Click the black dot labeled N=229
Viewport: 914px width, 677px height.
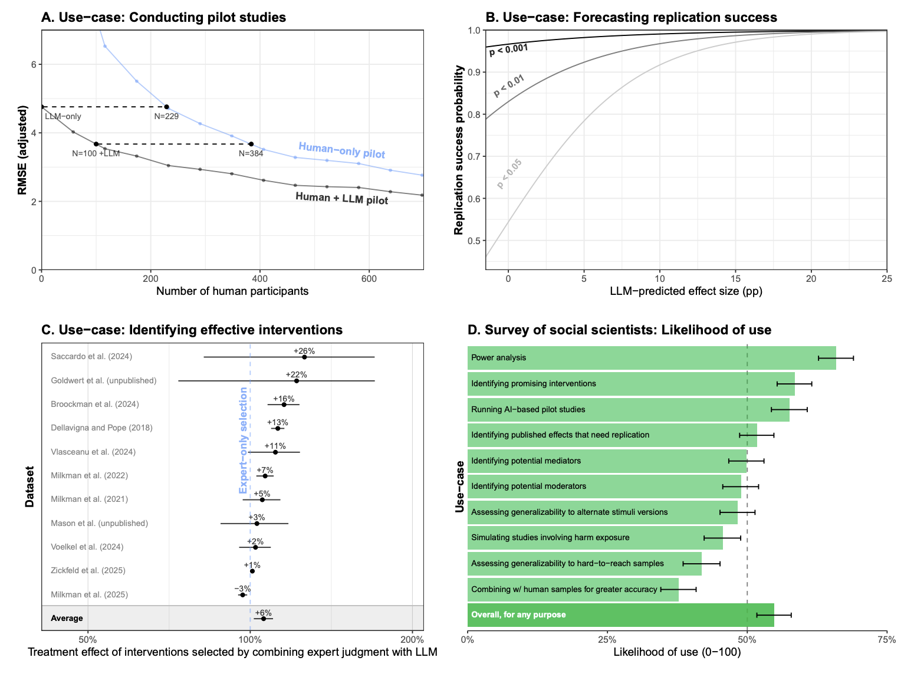[166, 107]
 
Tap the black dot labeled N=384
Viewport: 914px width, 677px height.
[251, 144]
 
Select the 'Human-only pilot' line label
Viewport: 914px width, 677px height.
[341, 150]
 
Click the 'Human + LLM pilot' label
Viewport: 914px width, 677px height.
[341, 198]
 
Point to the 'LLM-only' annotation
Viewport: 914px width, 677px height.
[63, 116]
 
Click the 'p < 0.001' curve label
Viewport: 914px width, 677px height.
[508, 50]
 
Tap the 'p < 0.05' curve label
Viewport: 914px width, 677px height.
[509, 173]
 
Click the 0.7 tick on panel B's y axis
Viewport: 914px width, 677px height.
[474, 156]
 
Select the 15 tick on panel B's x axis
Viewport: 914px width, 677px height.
[735, 279]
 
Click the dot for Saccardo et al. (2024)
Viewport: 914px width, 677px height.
[304, 357]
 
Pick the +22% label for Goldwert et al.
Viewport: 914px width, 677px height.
[296, 374]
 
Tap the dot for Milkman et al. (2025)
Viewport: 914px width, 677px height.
[242, 595]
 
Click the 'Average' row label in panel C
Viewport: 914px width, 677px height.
[67, 618]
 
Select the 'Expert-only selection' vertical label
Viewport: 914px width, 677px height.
[243, 441]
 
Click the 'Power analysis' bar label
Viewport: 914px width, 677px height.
[499, 357]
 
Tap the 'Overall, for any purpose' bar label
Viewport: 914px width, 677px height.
[518, 614]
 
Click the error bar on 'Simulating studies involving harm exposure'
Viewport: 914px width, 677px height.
[722, 538]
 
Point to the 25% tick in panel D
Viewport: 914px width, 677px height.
[607, 639]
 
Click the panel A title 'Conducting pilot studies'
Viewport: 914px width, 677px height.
[208, 17]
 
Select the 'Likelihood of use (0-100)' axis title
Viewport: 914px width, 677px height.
[677, 652]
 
